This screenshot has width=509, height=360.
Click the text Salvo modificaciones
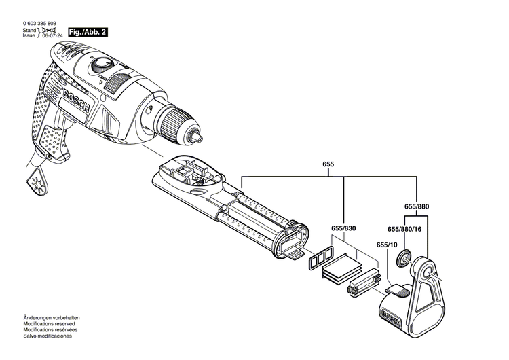48,336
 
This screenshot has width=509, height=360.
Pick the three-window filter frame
318,258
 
